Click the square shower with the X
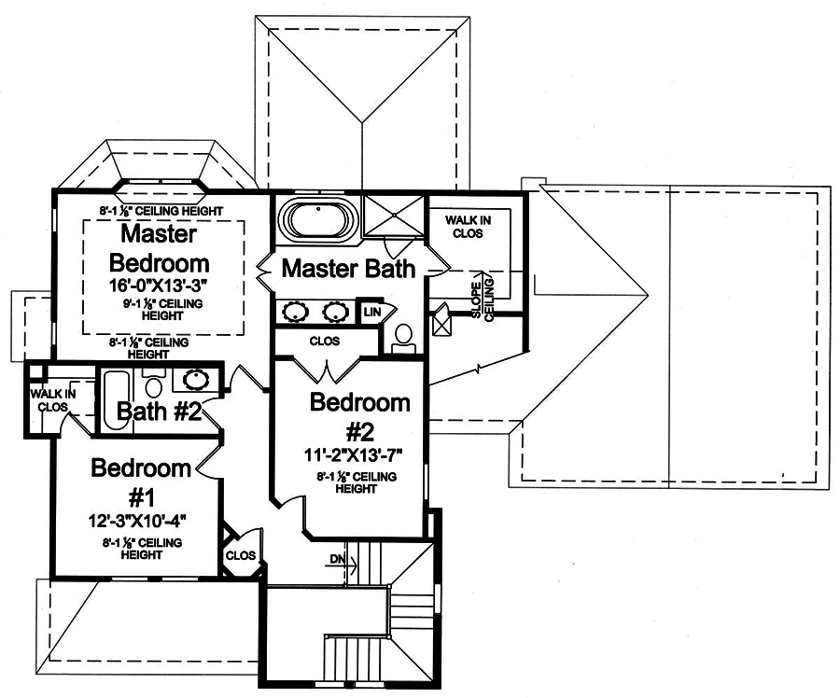point(393,216)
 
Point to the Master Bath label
point(348,270)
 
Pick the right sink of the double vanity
point(335,312)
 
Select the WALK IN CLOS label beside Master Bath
point(465,226)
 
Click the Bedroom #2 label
point(359,418)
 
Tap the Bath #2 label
point(160,411)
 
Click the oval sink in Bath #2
point(196,379)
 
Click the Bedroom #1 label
point(141,482)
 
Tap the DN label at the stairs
point(337,560)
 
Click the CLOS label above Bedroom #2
point(326,341)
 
